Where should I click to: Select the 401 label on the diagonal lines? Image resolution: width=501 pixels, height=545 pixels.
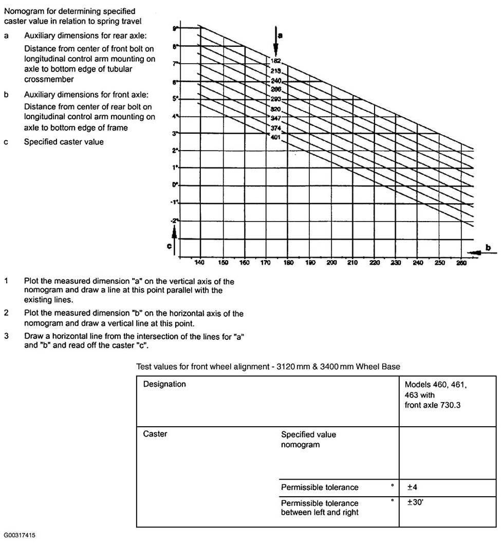(x=275, y=137)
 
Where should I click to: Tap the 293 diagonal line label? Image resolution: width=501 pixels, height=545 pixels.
(x=275, y=99)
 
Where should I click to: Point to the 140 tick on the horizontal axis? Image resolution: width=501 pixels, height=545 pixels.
(x=200, y=263)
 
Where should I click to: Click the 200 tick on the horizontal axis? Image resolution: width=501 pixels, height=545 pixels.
(x=331, y=263)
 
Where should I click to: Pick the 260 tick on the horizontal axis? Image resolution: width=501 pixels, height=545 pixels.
(x=461, y=263)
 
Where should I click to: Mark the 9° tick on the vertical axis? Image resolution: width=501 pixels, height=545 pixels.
(x=175, y=28)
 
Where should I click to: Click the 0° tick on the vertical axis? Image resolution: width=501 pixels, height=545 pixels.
(x=175, y=185)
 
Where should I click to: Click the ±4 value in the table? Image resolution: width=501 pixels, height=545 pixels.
(x=412, y=487)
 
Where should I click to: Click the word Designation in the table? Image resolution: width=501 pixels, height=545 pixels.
(x=164, y=384)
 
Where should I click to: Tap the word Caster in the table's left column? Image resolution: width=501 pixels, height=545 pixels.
(x=155, y=434)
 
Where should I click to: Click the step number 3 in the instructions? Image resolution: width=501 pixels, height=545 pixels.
(x=6, y=336)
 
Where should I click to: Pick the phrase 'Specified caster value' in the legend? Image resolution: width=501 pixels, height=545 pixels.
(x=64, y=142)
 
